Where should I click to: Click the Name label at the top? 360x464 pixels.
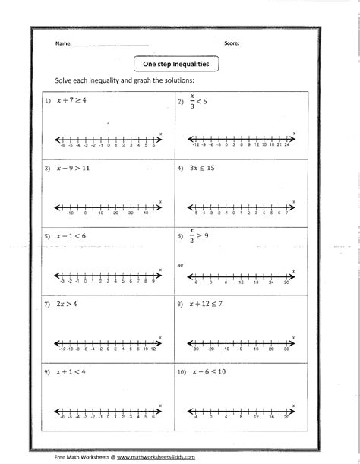[x=62, y=43]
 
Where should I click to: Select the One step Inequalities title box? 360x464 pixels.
[x=175, y=65]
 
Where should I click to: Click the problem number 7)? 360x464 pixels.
[x=46, y=304]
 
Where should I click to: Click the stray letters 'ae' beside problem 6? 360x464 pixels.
[x=181, y=264]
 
